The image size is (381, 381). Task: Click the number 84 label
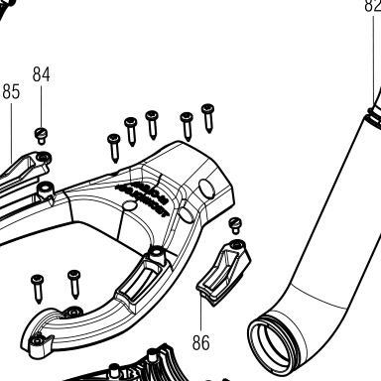pos(42,74)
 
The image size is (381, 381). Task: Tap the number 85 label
pos(11,91)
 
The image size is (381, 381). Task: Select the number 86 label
pos(201,342)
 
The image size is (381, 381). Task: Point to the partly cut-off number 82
pos(373,6)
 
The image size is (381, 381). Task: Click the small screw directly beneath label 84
pos(41,136)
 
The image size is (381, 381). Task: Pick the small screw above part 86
pos(235,226)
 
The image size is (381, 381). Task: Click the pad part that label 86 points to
pos(224,273)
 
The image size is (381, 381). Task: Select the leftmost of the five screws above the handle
pos(114,148)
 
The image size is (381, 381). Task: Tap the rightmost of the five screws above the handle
pos(208,118)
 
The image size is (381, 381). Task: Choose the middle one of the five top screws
pos(152,125)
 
